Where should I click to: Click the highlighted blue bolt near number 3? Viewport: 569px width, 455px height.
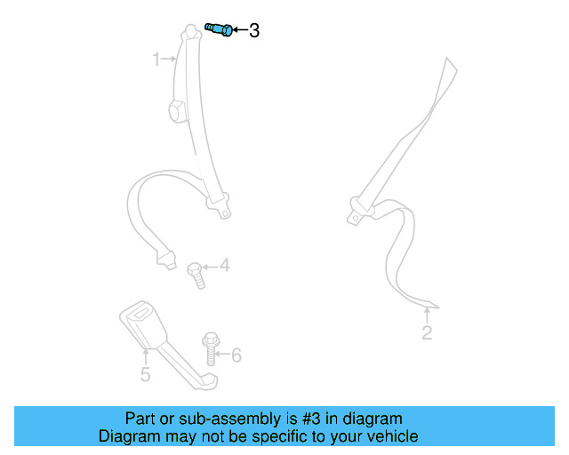(x=219, y=29)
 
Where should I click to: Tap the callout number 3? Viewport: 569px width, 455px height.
(x=254, y=31)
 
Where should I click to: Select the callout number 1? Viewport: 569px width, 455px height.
(x=156, y=60)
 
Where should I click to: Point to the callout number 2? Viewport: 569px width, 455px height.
(x=427, y=333)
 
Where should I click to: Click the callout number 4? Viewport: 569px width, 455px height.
(x=225, y=265)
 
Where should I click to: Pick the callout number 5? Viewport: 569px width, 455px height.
(x=146, y=374)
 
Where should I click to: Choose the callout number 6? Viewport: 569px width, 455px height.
(x=236, y=355)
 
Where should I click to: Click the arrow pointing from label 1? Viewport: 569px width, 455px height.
(x=170, y=60)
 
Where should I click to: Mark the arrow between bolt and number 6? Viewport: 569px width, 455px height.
(x=224, y=355)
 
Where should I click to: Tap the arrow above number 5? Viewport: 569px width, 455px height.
(x=146, y=356)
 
